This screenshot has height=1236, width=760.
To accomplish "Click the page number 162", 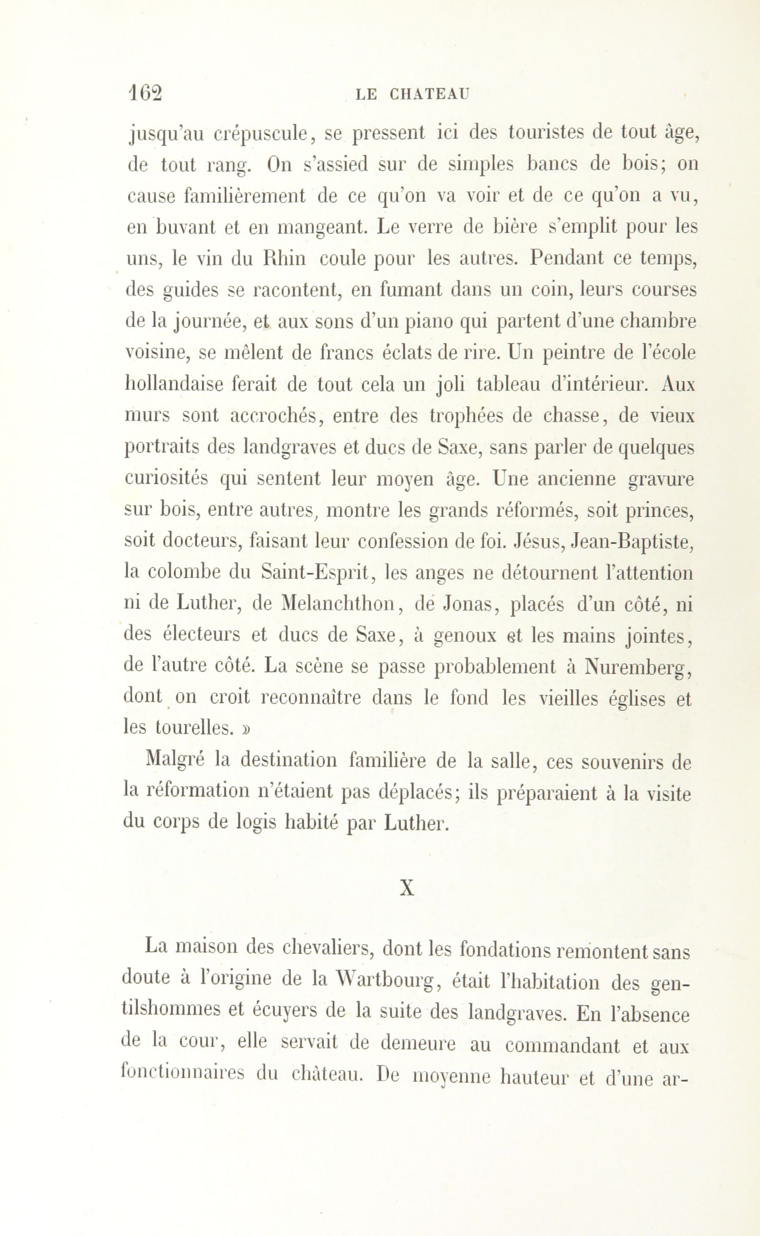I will pos(146,93).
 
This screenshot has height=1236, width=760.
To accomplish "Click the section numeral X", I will pos(407,889).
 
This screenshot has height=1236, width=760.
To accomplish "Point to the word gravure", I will pos(661,479).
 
